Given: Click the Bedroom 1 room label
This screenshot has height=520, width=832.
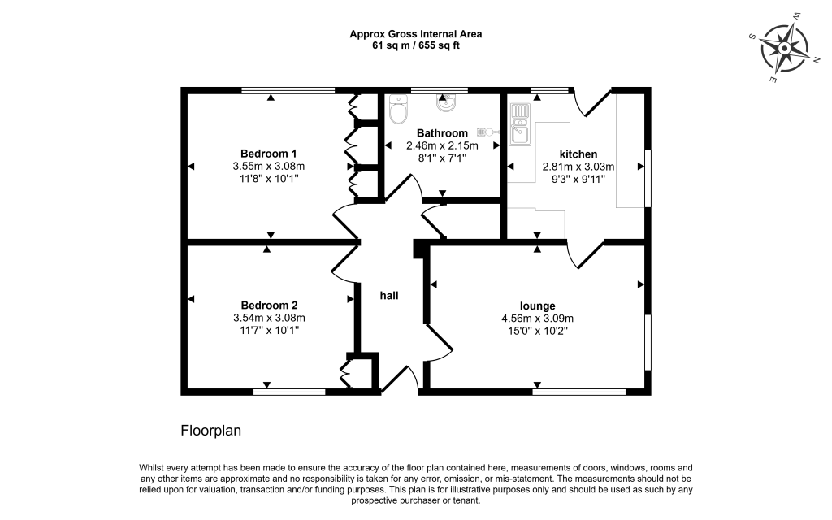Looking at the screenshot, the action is [268, 154].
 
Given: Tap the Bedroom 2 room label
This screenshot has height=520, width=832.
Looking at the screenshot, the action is [269, 305].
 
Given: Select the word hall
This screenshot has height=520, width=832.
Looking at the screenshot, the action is [389, 296].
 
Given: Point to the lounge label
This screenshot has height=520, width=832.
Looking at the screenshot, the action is [538, 306].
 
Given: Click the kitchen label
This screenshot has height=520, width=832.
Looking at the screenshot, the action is [578, 154].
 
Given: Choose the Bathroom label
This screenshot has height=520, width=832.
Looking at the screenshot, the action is [442, 133].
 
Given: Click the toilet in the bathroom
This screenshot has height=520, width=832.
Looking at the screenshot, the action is [398, 109].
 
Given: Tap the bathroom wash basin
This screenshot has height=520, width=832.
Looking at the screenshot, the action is [446, 103].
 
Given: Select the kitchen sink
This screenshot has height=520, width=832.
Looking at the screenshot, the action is [520, 124].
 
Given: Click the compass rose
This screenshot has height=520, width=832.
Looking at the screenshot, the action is [784, 49].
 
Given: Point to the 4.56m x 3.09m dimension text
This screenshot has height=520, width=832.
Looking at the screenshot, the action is [538, 318].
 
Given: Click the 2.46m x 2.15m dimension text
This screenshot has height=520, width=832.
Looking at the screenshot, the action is [442, 145].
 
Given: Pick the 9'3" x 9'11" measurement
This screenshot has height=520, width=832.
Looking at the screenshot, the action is [578, 180].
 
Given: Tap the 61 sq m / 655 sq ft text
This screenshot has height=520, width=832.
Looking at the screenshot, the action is [415, 45].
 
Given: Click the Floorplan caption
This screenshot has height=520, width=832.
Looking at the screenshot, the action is [210, 431].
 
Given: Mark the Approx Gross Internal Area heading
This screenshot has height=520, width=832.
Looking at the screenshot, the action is [415, 34].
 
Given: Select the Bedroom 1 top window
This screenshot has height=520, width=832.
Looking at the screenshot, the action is [288, 90].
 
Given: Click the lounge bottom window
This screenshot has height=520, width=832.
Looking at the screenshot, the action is [579, 392].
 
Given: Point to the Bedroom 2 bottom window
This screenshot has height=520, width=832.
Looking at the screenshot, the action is [289, 392].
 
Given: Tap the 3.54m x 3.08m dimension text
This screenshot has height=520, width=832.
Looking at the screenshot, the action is [269, 318].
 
